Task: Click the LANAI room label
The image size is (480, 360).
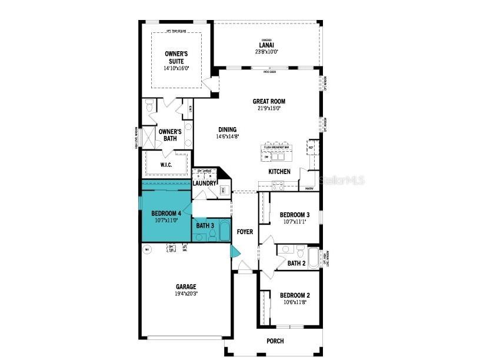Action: [x=266, y=45]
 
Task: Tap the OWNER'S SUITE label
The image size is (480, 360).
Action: [x=176, y=57]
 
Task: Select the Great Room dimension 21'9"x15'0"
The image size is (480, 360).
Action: [x=269, y=108]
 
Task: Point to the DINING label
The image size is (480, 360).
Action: [x=227, y=129]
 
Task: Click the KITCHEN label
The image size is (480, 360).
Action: [x=279, y=172]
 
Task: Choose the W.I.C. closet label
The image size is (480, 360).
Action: [x=166, y=165]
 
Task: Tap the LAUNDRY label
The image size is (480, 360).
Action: [x=205, y=183]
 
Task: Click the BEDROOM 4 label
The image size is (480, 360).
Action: [x=165, y=214]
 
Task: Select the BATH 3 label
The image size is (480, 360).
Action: [x=205, y=225]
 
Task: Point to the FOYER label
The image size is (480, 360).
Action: [x=245, y=232]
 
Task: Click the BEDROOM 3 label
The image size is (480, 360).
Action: [x=294, y=215]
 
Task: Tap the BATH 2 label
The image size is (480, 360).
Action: [x=296, y=263]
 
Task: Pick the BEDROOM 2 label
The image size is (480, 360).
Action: [x=294, y=295]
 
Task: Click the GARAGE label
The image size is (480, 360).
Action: [x=185, y=287]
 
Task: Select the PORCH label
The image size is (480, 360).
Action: [x=275, y=341]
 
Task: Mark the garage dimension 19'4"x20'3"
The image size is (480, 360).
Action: [x=185, y=294]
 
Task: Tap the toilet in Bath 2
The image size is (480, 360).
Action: [x=300, y=252]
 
